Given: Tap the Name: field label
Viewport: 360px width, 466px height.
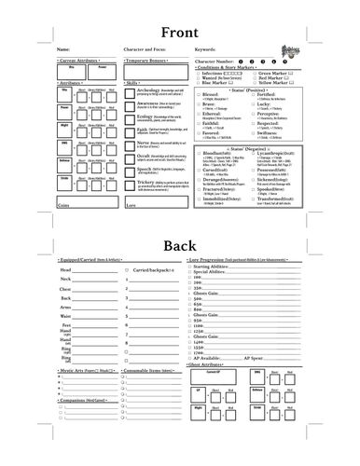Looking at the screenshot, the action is (62, 49).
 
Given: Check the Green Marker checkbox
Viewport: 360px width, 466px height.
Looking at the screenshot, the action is (254, 72).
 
